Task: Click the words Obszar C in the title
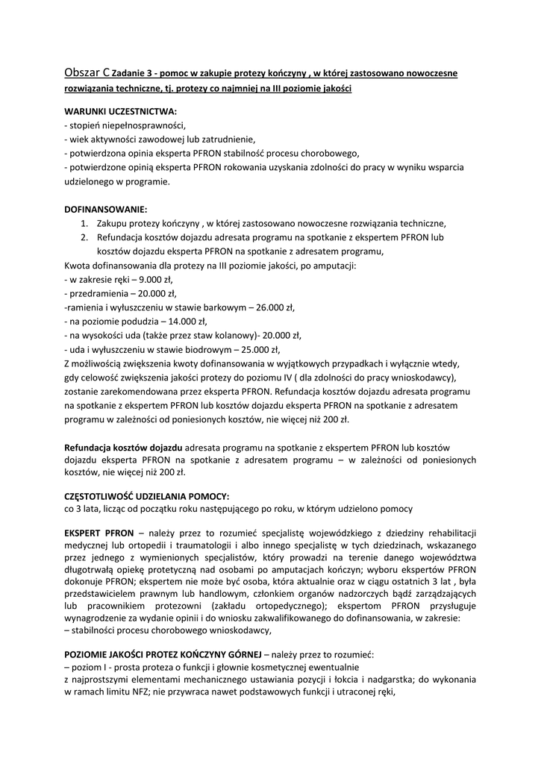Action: pos(88,73)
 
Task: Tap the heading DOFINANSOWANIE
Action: pos(106,209)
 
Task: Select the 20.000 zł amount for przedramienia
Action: pos(154,293)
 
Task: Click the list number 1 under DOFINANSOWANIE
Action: pos(84,223)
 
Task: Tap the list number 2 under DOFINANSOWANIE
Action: pos(84,237)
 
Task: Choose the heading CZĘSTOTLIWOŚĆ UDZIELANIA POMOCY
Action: pos(147,495)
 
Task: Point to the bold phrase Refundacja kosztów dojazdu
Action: pos(123,446)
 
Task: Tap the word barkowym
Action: pos(224,307)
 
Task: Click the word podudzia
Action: pos(139,321)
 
